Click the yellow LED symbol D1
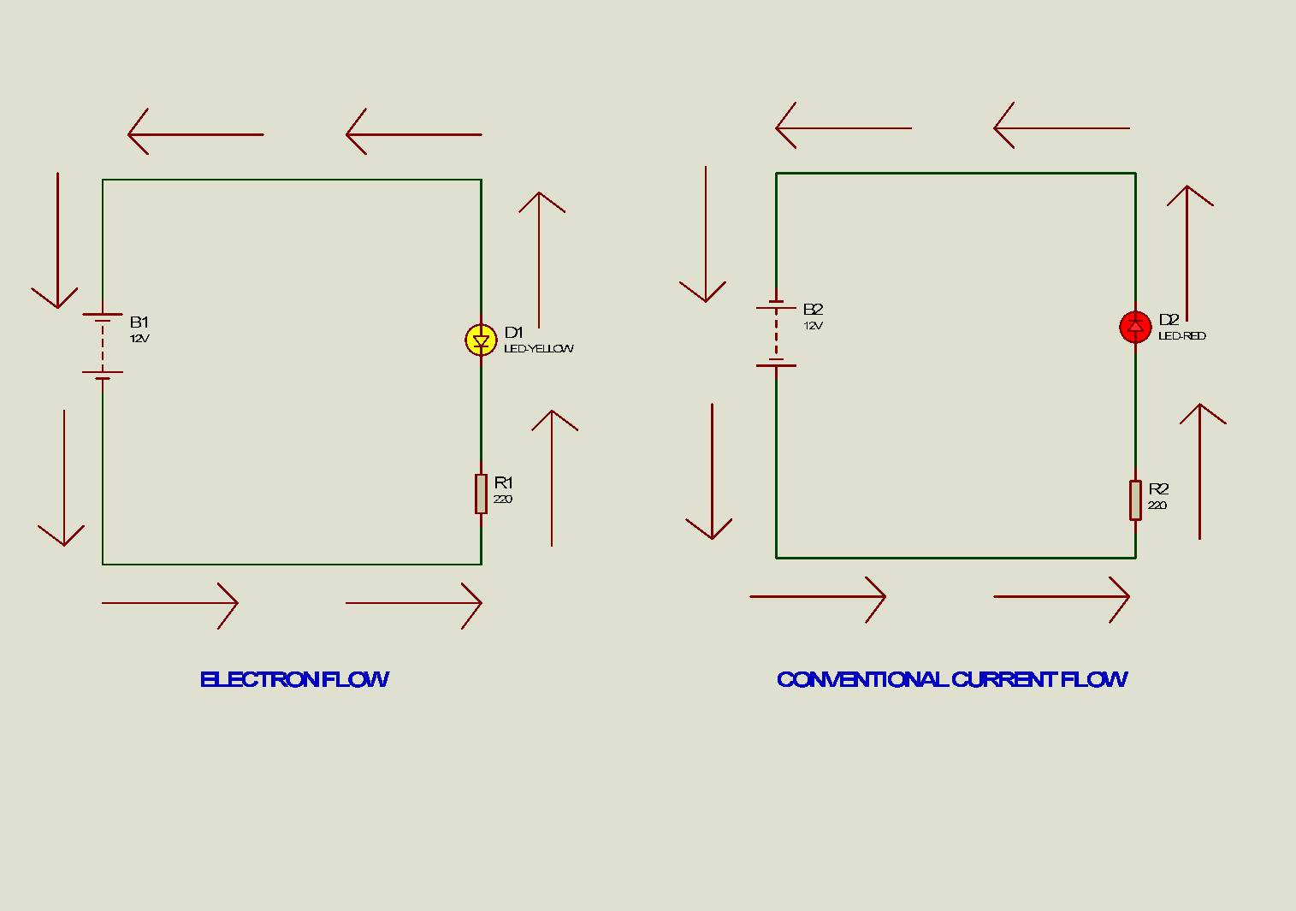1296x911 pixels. click(x=481, y=340)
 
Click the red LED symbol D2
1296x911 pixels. click(x=1135, y=327)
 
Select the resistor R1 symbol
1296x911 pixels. click(x=481, y=494)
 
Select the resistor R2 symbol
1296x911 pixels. click(x=1135, y=500)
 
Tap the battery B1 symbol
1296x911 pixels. click(x=103, y=346)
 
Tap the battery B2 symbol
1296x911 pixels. click(x=776, y=334)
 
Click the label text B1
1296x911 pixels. click(x=139, y=322)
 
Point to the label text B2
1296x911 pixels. click(x=813, y=310)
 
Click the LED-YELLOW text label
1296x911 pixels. click(x=539, y=348)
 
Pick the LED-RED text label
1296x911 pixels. click(x=1182, y=335)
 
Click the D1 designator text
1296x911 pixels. click(x=514, y=332)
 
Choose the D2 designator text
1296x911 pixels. click(x=1169, y=319)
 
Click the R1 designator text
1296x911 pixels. click(x=503, y=482)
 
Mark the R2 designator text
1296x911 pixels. click(x=1158, y=488)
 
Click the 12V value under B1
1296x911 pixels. click(x=139, y=339)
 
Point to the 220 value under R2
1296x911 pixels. click(x=1157, y=505)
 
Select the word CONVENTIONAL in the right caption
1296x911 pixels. click(x=862, y=679)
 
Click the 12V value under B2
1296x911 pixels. click(x=813, y=326)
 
